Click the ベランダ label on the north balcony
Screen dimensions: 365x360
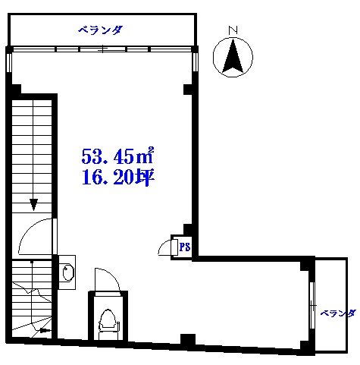(x=100, y=30)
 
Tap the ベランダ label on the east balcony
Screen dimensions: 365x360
(x=337, y=312)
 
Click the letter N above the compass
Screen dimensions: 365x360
(x=233, y=30)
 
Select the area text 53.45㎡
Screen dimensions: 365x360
(x=117, y=158)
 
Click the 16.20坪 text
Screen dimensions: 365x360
(x=117, y=181)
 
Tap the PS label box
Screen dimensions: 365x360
(x=183, y=247)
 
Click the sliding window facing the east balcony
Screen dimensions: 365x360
(x=311, y=307)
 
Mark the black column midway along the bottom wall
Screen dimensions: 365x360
(x=186, y=339)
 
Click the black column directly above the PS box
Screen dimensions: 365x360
(x=186, y=230)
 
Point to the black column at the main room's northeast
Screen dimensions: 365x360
(x=186, y=90)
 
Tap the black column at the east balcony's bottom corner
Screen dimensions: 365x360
(x=305, y=348)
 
